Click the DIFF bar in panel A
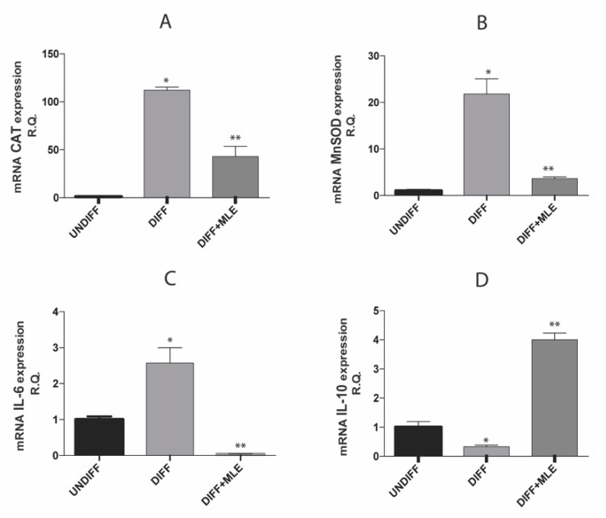click(x=167, y=144)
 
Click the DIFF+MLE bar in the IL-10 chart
click(x=554, y=397)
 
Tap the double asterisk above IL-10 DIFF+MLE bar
click(x=554, y=324)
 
